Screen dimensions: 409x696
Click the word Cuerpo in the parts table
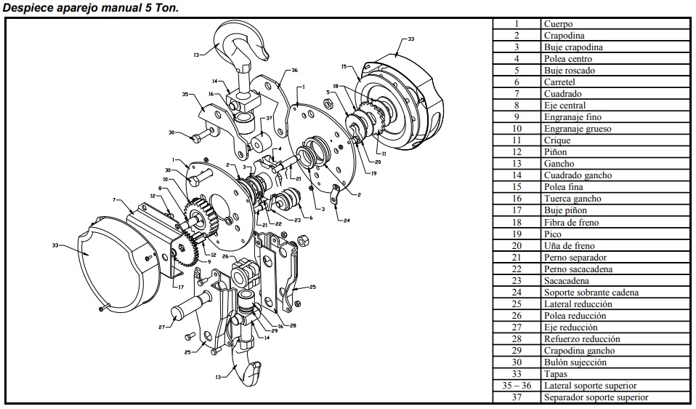pos(558,24)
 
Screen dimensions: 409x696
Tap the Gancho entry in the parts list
pos(559,164)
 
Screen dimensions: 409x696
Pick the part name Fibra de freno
pos(571,222)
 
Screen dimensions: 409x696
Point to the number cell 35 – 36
pos(517,386)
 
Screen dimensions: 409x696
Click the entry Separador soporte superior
pos(596,397)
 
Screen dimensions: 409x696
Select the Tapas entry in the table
pos(556,374)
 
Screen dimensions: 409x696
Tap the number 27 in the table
pos(517,327)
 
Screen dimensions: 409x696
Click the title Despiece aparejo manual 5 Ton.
pos(91,7)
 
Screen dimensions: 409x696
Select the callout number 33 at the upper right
pos(411,39)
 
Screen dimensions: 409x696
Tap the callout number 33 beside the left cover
pos(54,245)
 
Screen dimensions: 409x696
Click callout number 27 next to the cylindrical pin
pos(161,327)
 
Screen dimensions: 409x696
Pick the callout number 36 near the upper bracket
pos(294,71)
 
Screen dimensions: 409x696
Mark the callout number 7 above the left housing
pos(114,199)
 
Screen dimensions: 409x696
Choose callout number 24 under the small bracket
pos(346,220)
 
